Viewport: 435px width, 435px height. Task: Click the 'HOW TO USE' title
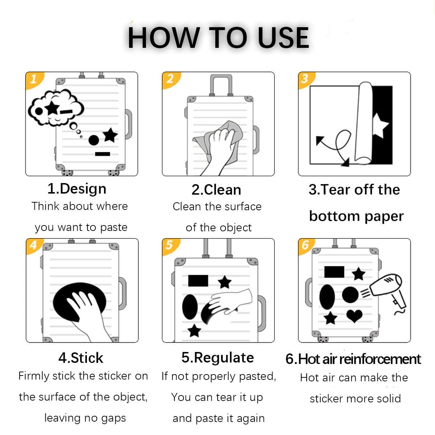pos(218,38)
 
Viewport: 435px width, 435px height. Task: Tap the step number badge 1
pos(33,79)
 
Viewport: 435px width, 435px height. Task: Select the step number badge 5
pos(169,245)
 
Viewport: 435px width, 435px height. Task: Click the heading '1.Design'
pos(77,189)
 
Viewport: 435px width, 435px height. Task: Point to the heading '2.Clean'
pos(216,190)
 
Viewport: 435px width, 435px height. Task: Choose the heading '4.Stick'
pos(81,358)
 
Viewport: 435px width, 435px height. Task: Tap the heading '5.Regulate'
pos(217,358)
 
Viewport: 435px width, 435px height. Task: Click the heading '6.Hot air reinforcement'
pos(353,359)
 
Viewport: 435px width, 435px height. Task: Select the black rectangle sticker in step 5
pos(198,281)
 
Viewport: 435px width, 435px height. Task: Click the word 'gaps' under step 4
pos(113,418)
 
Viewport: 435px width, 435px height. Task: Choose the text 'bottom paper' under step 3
pos(356,216)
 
